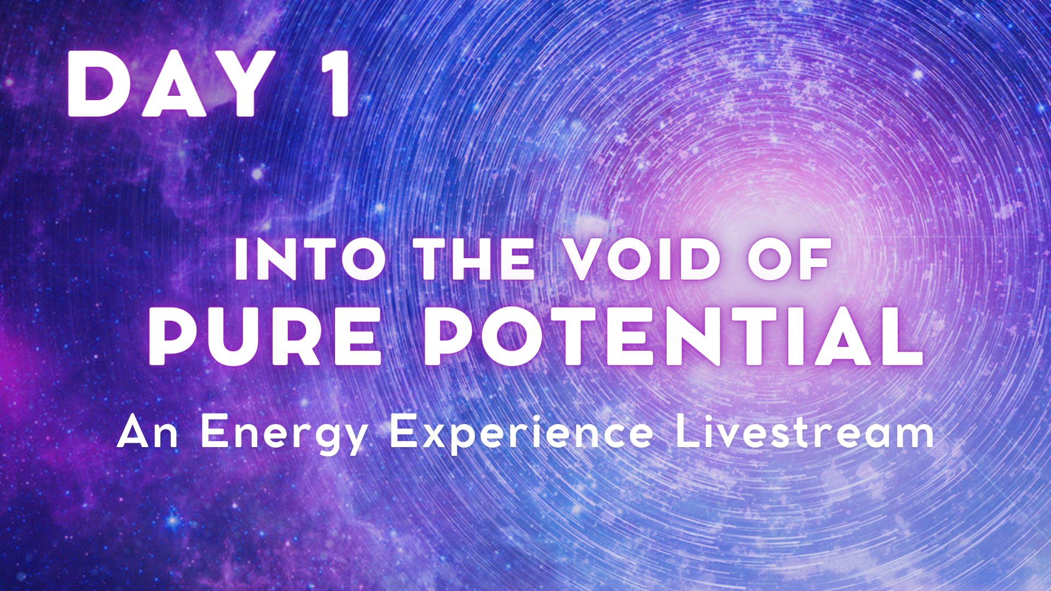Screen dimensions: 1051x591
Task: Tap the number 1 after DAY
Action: point(334,84)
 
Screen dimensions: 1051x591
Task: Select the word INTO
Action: point(310,259)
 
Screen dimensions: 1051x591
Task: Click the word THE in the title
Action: point(474,259)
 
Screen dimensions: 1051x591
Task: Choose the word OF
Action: point(789,259)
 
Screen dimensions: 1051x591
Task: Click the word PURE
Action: point(265,335)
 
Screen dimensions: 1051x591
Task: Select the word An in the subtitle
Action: point(148,431)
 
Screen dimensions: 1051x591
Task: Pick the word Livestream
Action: point(805,431)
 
